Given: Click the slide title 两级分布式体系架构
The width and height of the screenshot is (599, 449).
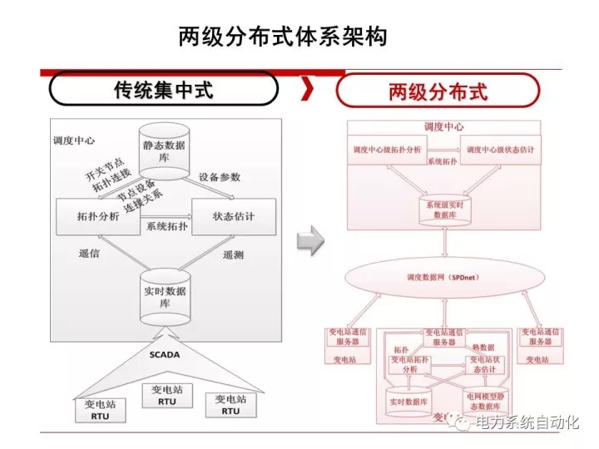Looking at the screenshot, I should [x=282, y=37].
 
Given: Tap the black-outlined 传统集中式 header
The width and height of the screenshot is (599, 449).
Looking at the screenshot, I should [x=163, y=89].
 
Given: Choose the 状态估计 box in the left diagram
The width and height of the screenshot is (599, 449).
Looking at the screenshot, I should [x=233, y=217].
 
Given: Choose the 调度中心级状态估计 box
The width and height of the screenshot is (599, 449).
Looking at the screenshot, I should [x=500, y=150].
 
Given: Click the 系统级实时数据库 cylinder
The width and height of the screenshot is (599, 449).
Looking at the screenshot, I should [x=445, y=208].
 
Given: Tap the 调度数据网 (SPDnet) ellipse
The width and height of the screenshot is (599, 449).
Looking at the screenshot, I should [x=445, y=276].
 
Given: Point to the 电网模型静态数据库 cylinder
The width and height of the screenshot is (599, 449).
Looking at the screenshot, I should [x=483, y=402].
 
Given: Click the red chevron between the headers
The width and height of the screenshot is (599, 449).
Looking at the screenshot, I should [x=307, y=89].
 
